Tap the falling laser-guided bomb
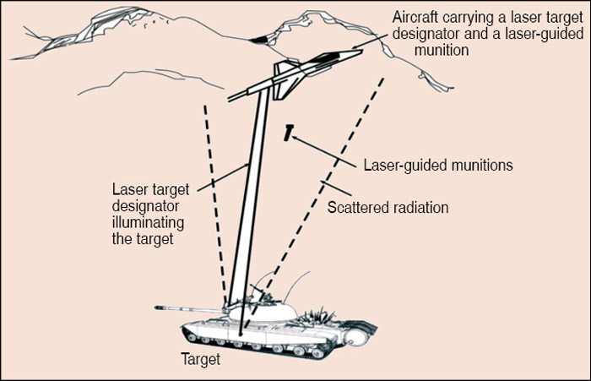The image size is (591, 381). tap(290, 133)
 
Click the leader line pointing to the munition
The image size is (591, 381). tap(325, 147)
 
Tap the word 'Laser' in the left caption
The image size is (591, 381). tap(127, 188)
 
